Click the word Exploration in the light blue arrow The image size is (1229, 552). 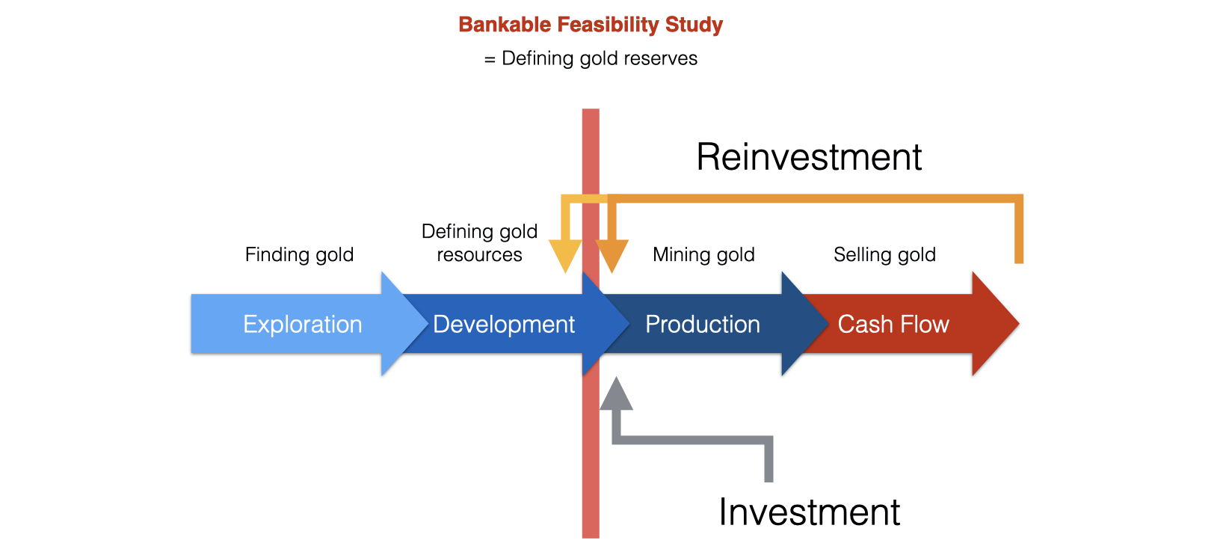point(302,324)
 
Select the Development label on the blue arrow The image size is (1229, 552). point(503,324)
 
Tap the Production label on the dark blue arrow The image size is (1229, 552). point(702,324)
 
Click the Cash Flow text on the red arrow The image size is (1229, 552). point(893,324)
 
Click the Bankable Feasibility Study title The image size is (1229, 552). point(590,25)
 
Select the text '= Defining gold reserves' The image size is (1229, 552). point(590,58)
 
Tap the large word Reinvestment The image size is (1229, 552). point(809,157)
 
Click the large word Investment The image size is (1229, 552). point(809,512)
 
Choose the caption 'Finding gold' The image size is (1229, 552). point(299,254)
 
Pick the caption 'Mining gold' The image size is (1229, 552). point(703,254)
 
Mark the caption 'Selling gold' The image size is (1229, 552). point(884,254)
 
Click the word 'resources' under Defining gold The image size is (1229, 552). point(479,255)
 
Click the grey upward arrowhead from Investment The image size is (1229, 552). point(616,394)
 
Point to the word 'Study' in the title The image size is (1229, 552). point(694,25)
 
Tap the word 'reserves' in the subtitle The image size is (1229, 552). point(662,58)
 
